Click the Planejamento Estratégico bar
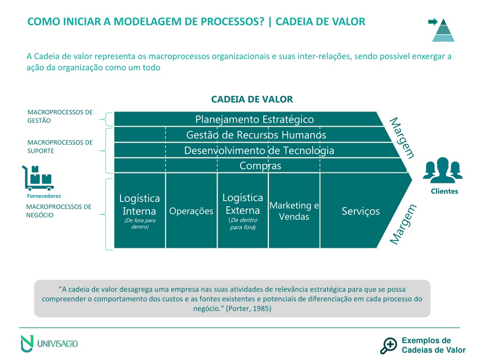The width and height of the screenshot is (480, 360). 248,119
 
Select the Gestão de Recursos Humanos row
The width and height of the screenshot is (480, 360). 253,135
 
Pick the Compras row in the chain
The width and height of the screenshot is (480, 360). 260,165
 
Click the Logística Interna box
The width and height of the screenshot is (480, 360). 140,210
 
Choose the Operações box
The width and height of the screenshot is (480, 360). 191,210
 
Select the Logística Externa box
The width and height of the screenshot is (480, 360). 243,210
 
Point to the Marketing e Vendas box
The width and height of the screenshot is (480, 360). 294,210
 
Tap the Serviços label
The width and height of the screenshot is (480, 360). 360,211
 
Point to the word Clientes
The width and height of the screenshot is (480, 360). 444,191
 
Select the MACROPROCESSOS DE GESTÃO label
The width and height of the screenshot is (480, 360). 60,116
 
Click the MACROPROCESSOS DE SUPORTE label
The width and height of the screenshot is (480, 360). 60,147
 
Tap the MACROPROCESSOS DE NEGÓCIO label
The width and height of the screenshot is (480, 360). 59,211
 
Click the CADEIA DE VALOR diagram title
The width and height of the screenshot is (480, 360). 252,99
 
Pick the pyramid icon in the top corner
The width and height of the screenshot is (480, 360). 443,30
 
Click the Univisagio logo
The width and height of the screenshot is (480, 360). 49,344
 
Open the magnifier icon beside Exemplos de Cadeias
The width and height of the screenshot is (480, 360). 389,345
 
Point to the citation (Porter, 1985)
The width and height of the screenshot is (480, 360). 248,308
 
